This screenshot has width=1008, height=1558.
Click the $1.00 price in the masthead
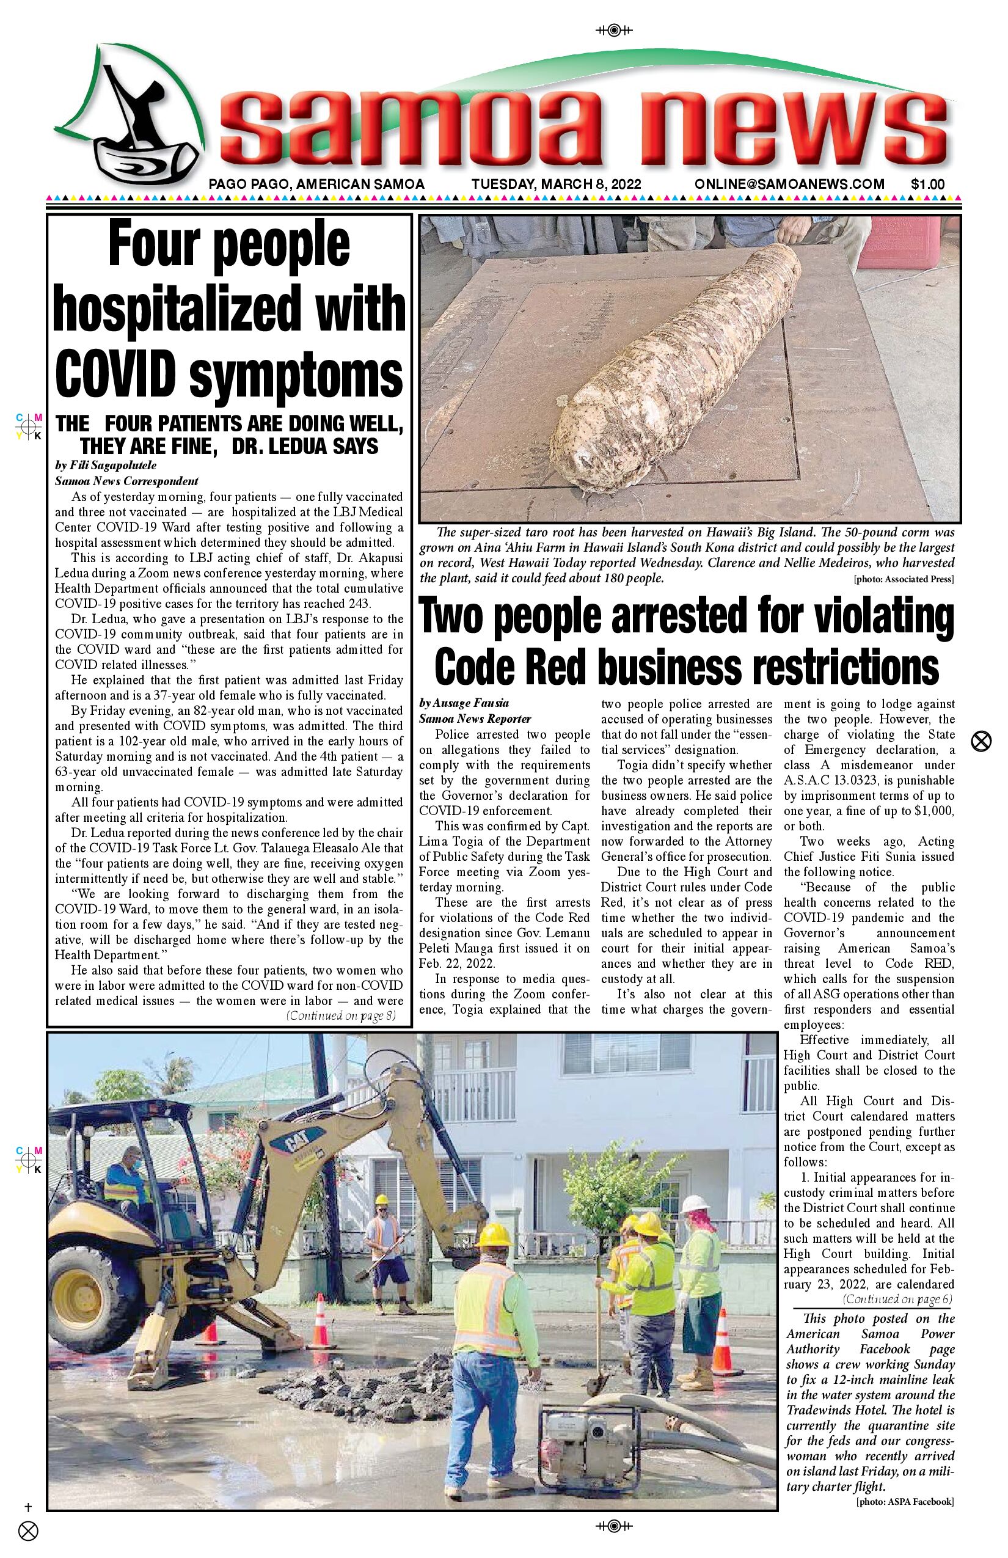click(x=927, y=184)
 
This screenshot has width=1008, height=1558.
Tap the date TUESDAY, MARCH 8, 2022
click(x=556, y=184)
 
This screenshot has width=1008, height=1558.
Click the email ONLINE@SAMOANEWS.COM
click(x=789, y=184)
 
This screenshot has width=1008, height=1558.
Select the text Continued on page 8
click(x=340, y=1015)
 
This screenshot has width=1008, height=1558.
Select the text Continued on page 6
click(x=897, y=1299)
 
